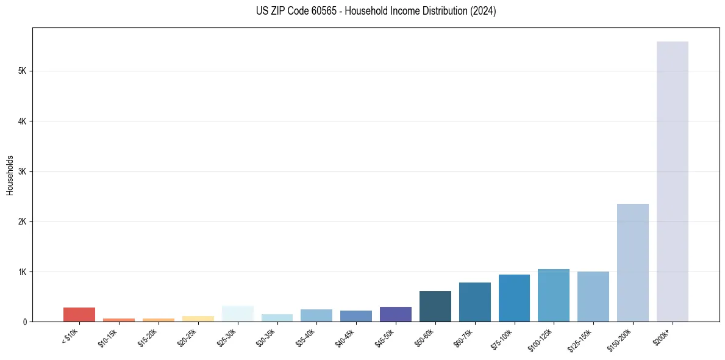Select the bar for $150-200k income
632,262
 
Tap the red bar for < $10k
79,314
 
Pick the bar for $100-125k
553,295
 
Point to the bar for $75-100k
514,298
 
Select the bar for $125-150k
593,297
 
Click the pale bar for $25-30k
237,314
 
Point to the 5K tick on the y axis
23,71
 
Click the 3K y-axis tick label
23,171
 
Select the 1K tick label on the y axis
23,272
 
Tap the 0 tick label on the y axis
25,322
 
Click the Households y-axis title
10,175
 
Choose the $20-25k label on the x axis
189,336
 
